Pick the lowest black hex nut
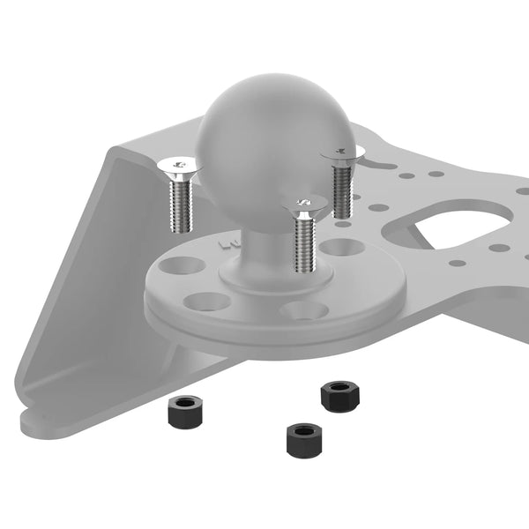[x=301, y=436]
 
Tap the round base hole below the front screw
[x=302, y=310]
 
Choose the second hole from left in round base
[x=209, y=302]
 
